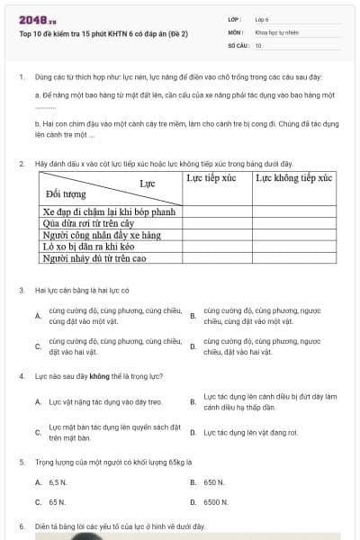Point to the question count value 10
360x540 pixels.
pyautogui.click(x=258, y=44)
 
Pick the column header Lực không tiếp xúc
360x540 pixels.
pyautogui.click(x=293, y=178)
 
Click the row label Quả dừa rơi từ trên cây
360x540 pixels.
pyautogui.click(x=89, y=223)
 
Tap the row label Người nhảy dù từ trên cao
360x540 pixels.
pyautogui.click(x=94, y=257)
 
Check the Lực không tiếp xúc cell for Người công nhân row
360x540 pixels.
pyautogui.click(x=293, y=235)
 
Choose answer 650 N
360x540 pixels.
pyautogui.click(x=213, y=482)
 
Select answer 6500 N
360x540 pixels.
pyautogui.click(x=215, y=501)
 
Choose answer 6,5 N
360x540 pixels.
pyautogui.click(x=58, y=482)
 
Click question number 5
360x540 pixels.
pyautogui.click(x=21, y=462)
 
